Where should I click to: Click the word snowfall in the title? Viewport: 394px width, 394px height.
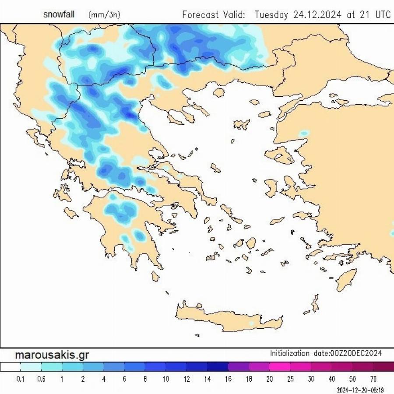click(x=59, y=14)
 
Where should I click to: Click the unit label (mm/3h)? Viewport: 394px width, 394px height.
click(x=104, y=15)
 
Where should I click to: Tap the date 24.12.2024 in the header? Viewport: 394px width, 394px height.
click(x=318, y=14)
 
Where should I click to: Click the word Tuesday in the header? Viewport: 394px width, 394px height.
click(x=271, y=14)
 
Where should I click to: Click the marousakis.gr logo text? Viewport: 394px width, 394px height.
click(x=52, y=355)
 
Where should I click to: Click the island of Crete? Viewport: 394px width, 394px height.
click(x=228, y=317)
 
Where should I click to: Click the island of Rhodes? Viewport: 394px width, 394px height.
click(x=346, y=280)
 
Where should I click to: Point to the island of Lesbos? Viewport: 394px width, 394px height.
click(x=279, y=155)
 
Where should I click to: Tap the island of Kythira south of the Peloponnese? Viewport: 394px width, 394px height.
click(x=155, y=276)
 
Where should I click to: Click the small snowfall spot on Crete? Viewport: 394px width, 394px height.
click(x=251, y=324)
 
